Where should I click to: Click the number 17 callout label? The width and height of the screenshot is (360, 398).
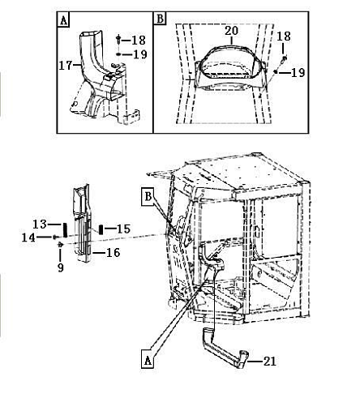tap(66, 66)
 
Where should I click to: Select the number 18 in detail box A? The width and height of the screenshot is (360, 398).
tap(139, 41)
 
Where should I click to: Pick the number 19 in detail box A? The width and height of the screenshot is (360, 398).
tap(140, 54)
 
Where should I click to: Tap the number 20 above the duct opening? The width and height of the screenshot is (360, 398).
tap(232, 31)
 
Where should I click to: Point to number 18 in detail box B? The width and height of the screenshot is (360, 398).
tap(284, 36)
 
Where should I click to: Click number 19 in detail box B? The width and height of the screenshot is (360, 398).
tap(298, 72)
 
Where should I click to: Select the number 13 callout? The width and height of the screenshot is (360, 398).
tap(40, 225)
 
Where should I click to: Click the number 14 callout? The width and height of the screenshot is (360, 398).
tap(28, 238)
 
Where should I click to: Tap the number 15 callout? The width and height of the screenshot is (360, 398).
tap(124, 229)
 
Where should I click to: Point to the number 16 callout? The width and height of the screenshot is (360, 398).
tap(113, 253)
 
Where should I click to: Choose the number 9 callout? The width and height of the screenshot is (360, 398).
tap(61, 267)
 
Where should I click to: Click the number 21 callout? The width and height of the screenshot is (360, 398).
tap(269, 362)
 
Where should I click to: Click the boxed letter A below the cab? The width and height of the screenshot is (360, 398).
tap(148, 360)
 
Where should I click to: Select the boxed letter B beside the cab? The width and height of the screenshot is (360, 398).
tap(148, 196)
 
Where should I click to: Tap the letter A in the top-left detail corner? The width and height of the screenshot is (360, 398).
tap(63, 20)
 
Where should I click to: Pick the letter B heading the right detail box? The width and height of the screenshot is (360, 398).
tap(160, 19)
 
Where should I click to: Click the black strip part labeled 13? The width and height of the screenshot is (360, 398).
tap(65, 229)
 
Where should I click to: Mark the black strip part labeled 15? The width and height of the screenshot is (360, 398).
tap(101, 229)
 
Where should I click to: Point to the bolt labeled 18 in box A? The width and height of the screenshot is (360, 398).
tap(118, 40)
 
